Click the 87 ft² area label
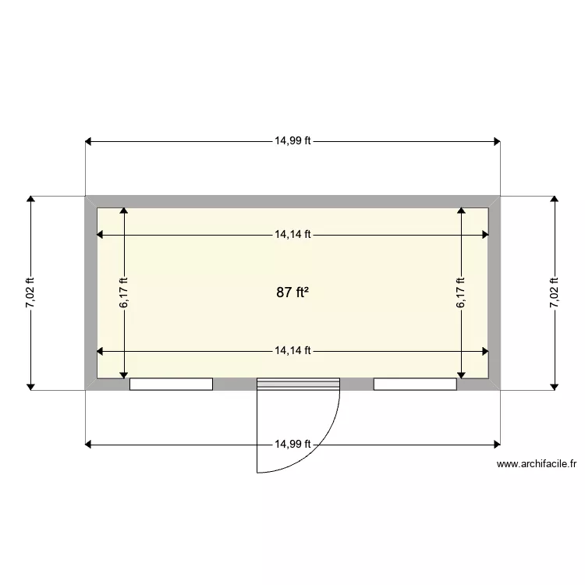(x=292, y=292)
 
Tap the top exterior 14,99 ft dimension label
(x=292, y=141)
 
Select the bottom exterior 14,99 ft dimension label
(x=292, y=445)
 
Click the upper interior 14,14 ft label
(x=292, y=234)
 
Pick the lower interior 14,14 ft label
(x=292, y=351)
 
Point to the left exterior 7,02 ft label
(x=30, y=292)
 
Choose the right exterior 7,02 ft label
(x=555, y=292)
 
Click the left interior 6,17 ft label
(x=123, y=292)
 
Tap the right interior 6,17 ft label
(x=461, y=292)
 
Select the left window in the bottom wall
(x=171, y=384)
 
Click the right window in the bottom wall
(x=415, y=384)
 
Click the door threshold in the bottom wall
(x=299, y=383)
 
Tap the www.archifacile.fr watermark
(x=536, y=463)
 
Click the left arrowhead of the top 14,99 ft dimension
(x=89, y=141)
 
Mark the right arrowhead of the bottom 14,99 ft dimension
(x=496, y=445)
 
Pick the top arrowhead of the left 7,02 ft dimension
(x=30, y=200)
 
